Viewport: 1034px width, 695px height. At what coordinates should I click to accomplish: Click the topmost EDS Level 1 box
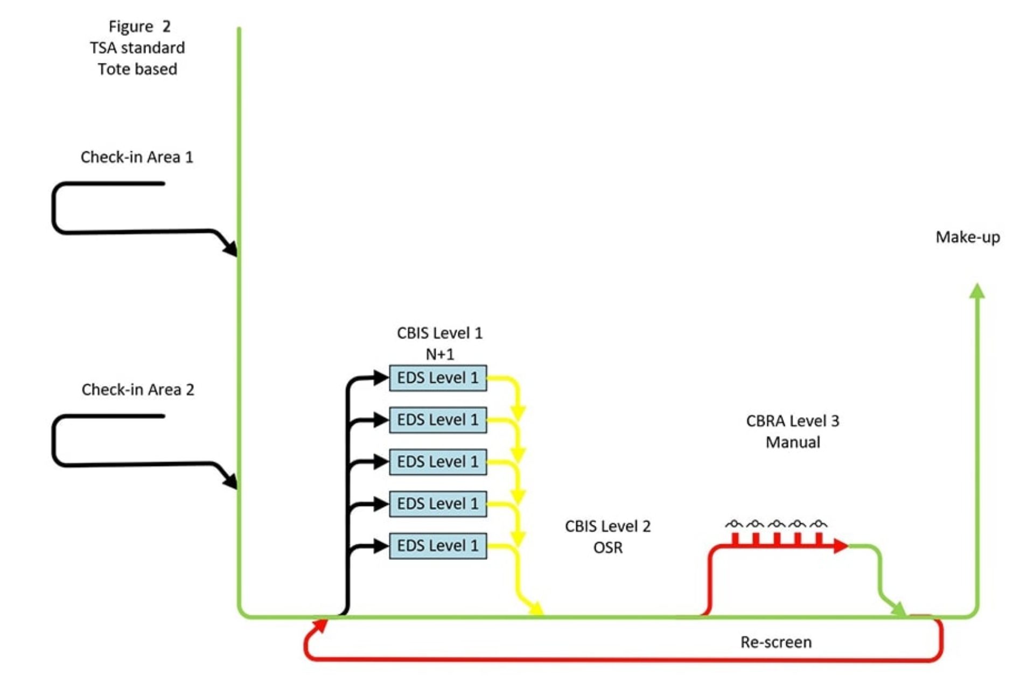pyautogui.click(x=437, y=378)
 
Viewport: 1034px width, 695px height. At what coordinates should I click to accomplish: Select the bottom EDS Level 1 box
pyautogui.click(x=437, y=545)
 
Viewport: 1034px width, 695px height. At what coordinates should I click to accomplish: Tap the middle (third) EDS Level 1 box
pyautogui.click(x=437, y=462)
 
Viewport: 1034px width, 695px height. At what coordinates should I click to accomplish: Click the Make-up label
pyautogui.click(x=967, y=237)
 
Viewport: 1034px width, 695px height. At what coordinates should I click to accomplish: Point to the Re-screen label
pyautogui.click(x=775, y=642)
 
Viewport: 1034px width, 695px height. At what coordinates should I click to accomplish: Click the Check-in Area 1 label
pyautogui.click(x=137, y=157)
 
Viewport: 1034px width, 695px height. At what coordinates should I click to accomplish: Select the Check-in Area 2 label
pyautogui.click(x=138, y=389)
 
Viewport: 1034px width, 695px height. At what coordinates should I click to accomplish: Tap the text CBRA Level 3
pyautogui.click(x=792, y=421)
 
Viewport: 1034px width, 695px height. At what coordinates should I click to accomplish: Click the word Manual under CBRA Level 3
pyautogui.click(x=793, y=442)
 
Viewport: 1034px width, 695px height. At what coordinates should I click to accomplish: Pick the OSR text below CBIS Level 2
pyautogui.click(x=607, y=547)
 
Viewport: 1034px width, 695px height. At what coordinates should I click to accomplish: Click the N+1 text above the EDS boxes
pyautogui.click(x=439, y=354)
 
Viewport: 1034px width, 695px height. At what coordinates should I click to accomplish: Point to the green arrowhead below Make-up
pyautogui.click(x=977, y=291)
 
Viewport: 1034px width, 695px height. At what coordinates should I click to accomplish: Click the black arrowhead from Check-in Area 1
pyautogui.click(x=231, y=248)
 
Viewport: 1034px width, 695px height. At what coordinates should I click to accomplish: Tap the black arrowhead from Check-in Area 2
pyautogui.click(x=231, y=481)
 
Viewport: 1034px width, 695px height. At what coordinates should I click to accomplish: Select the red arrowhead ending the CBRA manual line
pyautogui.click(x=840, y=546)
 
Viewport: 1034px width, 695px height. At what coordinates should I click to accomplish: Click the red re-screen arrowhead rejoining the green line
pyautogui.click(x=320, y=624)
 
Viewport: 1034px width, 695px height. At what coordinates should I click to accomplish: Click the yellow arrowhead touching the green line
pyautogui.click(x=536, y=609)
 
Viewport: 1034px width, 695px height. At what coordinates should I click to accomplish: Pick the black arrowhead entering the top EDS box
pyautogui.click(x=381, y=377)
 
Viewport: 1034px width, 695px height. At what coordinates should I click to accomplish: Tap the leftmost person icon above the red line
pyautogui.click(x=734, y=524)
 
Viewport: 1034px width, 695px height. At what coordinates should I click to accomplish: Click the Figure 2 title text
pyautogui.click(x=139, y=26)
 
